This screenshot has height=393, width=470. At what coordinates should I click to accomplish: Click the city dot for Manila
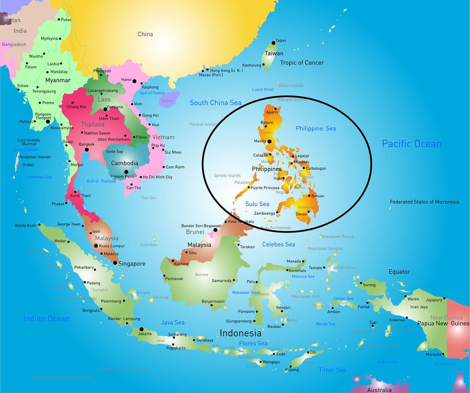269,141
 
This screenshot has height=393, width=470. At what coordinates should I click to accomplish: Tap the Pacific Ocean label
412,144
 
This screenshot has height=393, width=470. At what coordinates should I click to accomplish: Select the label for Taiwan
274,53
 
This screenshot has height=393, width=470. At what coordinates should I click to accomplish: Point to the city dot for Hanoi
134,81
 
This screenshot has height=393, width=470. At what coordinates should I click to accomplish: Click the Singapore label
132,264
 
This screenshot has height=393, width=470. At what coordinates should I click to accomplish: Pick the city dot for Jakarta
141,329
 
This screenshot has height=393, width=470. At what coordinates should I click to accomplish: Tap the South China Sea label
215,103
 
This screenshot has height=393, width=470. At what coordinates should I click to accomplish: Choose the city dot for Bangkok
87,149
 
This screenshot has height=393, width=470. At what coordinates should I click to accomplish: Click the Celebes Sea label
278,244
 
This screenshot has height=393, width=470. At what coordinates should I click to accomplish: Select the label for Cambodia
125,163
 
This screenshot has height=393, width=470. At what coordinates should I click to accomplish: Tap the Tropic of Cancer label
302,63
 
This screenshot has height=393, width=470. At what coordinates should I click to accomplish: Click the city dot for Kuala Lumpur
96,246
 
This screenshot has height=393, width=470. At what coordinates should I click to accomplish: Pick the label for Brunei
195,232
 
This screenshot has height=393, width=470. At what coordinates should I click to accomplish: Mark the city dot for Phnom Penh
126,172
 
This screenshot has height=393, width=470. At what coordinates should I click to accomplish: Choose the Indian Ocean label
46,319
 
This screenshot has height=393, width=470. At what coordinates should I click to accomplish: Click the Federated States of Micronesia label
425,202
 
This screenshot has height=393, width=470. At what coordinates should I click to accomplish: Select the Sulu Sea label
257,204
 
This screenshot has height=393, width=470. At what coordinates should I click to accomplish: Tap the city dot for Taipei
274,43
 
